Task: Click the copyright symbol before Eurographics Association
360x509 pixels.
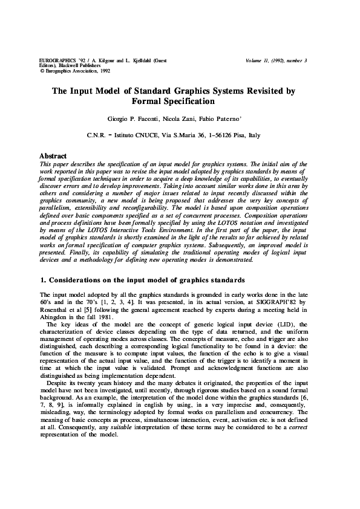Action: (42, 71)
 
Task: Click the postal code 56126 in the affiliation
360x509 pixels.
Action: (221, 137)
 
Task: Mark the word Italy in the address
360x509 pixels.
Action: (256, 137)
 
